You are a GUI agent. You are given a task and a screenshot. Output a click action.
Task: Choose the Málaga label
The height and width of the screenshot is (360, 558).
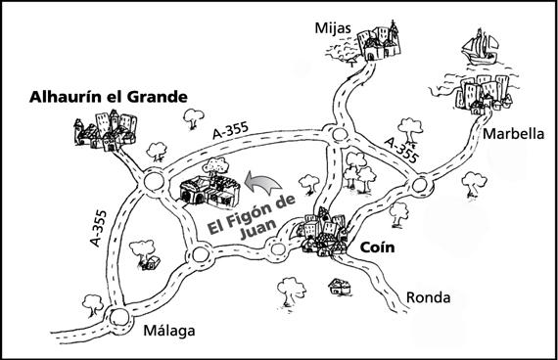click(169, 331)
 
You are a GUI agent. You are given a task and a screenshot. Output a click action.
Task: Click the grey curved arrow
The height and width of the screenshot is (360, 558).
click(259, 183)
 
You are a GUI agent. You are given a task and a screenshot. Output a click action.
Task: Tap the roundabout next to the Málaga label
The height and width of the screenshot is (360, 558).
click(118, 316)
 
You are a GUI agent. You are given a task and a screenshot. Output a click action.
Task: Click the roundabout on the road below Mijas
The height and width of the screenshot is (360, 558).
click(340, 135)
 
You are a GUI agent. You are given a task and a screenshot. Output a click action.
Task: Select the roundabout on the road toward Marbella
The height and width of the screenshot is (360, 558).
click(423, 183)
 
